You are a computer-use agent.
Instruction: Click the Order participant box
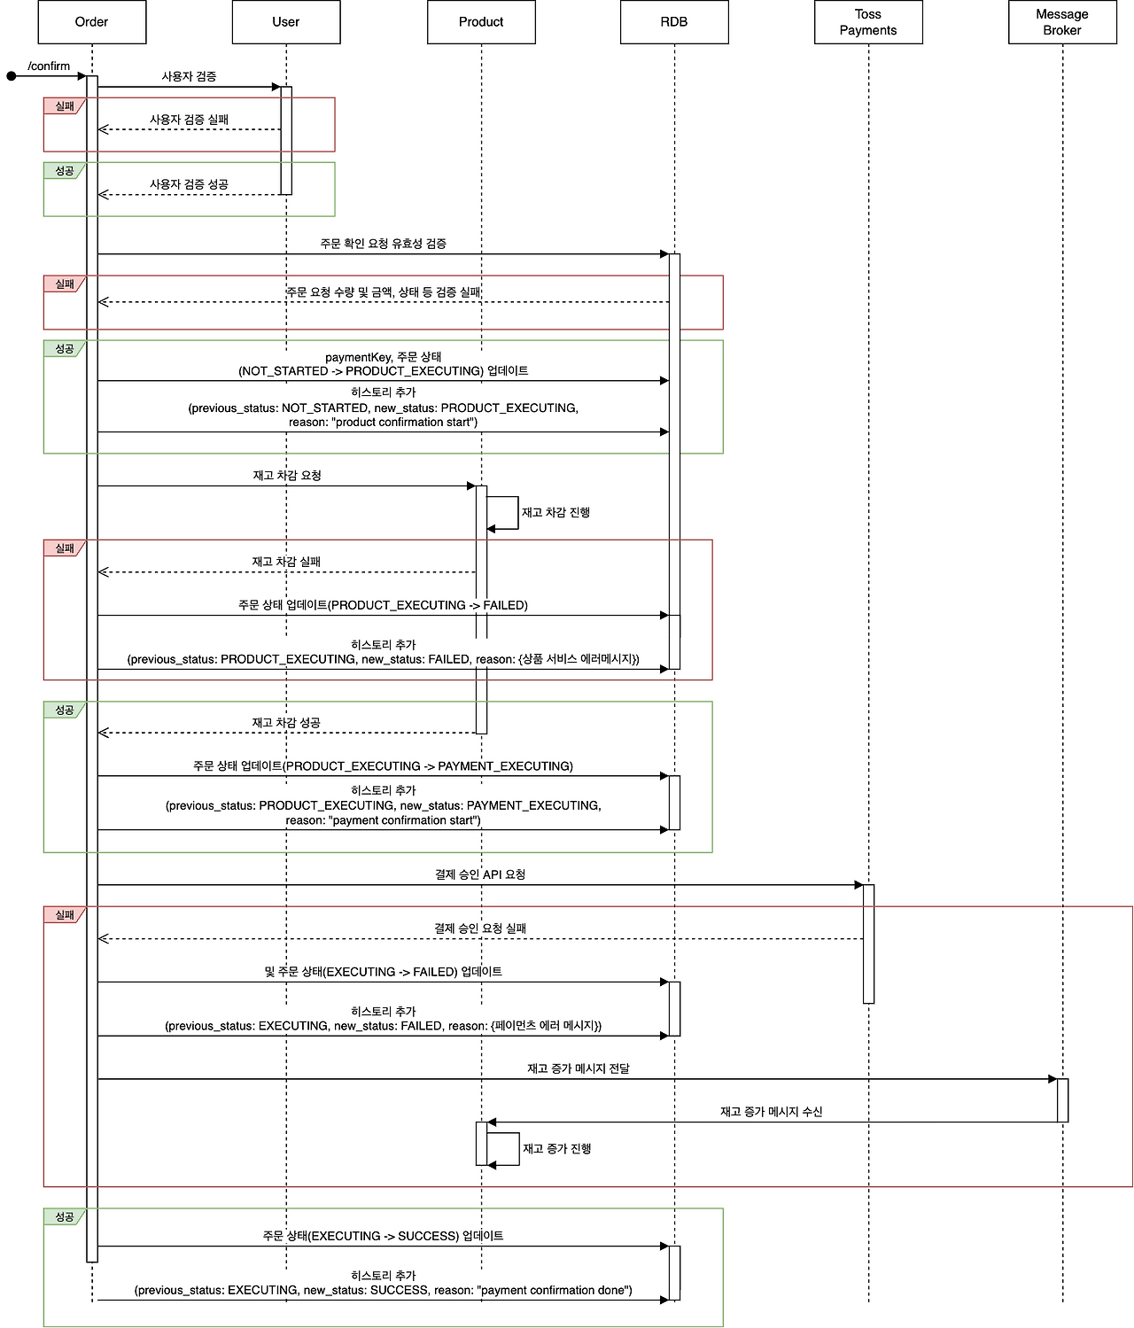point(91,22)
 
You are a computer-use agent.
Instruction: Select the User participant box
point(286,22)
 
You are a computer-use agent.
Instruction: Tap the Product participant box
point(481,22)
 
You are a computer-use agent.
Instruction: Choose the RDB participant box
point(674,22)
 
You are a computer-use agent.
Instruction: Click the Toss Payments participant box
point(868,22)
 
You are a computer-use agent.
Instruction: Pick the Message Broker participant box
point(1062,22)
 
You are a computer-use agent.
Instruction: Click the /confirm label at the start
point(49,66)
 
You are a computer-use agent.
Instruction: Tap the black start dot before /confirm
point(12,76)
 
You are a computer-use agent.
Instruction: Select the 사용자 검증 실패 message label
point(189,120)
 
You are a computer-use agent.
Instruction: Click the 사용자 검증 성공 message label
point(189,184)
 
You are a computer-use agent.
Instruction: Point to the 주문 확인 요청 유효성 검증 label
point(383,244)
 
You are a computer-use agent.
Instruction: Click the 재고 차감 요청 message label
point(287,476)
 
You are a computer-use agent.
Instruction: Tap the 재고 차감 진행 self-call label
point(555,512)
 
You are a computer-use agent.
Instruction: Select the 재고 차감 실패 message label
point(286,562)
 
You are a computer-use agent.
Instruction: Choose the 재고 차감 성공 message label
point(286,723)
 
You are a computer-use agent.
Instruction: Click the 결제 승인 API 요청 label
point(480,874)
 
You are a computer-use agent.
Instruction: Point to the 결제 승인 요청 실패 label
point(480,928)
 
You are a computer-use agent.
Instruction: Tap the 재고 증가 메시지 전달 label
point(579,1068)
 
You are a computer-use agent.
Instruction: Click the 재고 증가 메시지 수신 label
point(772,1112)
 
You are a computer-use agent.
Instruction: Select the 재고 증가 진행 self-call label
point(557,1149)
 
